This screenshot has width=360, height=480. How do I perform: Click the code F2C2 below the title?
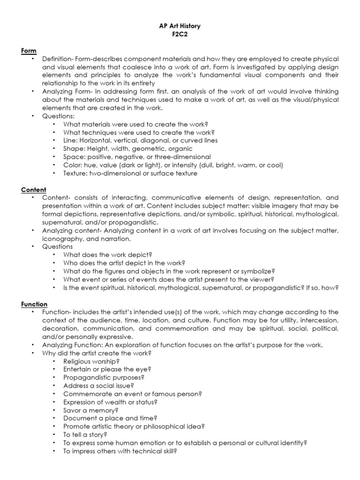[x=180, y=35]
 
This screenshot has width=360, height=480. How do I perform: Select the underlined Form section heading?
[x=29, y=51]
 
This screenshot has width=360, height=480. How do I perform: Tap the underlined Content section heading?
[x=33, y=190]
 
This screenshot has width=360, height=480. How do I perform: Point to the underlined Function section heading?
[x=34, y=304]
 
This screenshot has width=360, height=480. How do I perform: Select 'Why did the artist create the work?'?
[x=97, y=353]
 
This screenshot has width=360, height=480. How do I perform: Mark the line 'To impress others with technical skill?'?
[x=120, y=451]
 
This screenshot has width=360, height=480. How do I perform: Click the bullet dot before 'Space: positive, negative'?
[x=54, y=157]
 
